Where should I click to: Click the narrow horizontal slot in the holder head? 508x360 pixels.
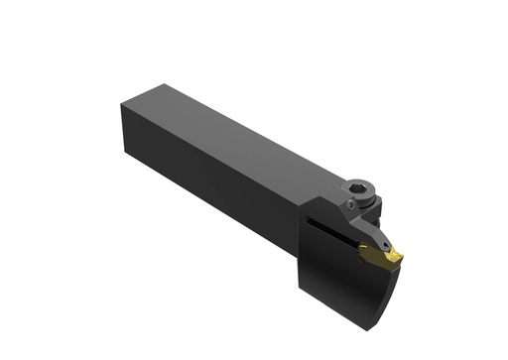point(327,221)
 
